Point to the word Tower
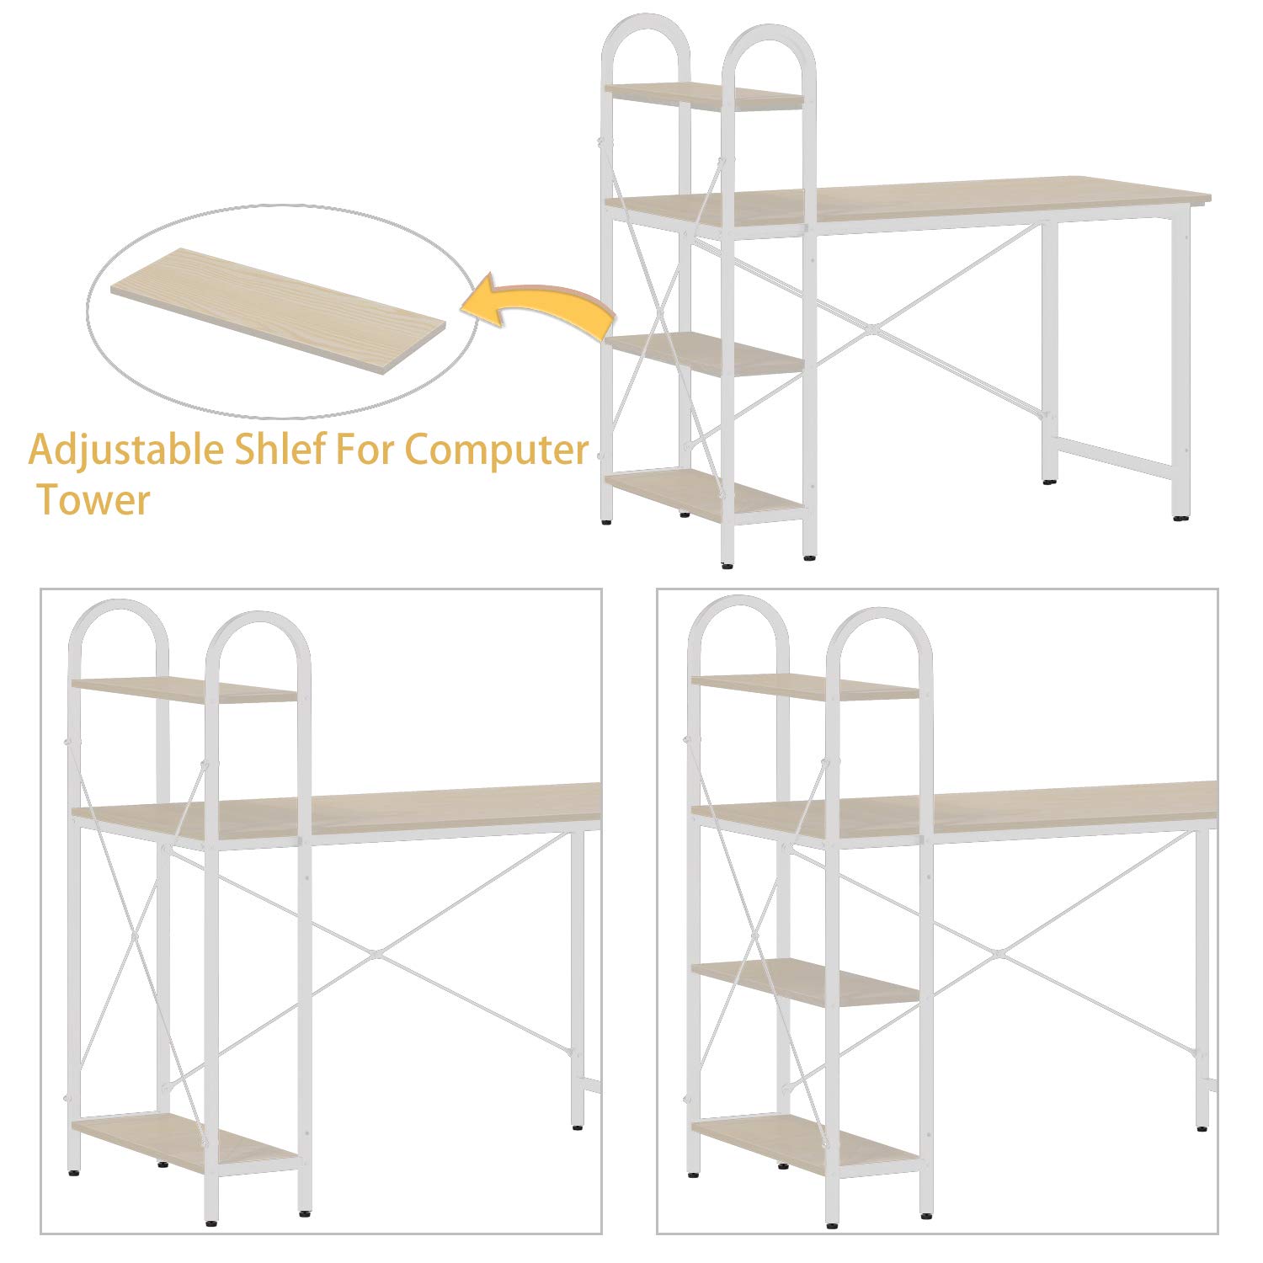tap(93, 500)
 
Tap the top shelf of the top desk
tap(704, 96)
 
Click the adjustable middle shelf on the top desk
tap(704, 354)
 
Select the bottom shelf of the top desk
tap(704, 495)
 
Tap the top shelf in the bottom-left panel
tap(184, 690)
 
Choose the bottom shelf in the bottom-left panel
tap(184, 1141)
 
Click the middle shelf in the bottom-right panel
tap(805, 981)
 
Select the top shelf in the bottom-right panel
tap(805, 687)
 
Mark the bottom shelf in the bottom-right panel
tap(805, 1142)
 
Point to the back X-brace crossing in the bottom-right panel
tap(996, 953)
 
